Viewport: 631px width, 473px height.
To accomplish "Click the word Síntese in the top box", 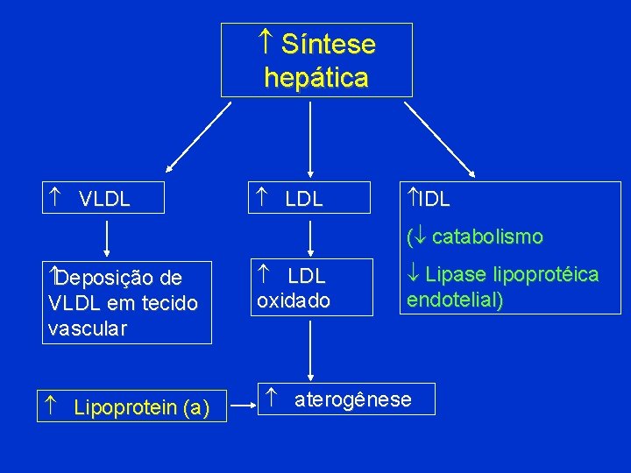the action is coord(329,45).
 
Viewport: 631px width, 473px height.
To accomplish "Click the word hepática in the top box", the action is coord(315,78).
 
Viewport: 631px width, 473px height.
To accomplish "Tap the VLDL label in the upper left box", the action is coord(104,199).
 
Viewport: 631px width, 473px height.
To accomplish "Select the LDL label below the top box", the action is coord(304,199).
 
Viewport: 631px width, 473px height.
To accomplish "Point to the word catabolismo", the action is coord(487,236).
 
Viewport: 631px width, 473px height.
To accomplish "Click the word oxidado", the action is coord(294,300).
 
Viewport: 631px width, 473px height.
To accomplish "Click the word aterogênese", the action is coord(352,400).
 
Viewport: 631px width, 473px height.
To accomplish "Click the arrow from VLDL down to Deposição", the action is coord(107,238).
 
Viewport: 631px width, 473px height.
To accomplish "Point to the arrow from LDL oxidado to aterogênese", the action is coord(309,350).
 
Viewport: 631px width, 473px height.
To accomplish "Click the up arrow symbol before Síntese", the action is coord(266,42).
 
